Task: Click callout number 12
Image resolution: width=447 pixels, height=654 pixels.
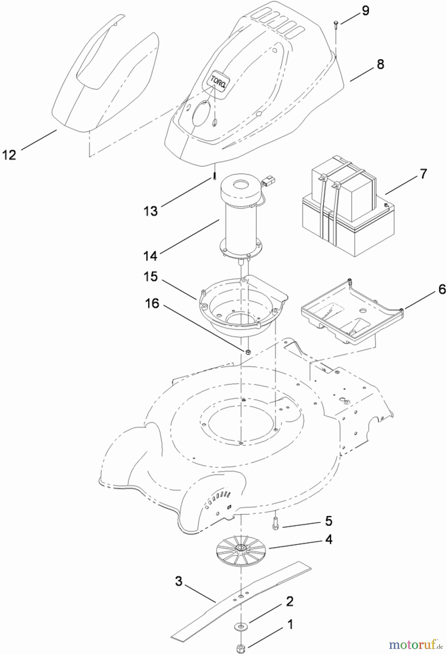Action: (9, 155)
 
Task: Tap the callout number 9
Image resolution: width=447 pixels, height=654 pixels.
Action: (365, 11)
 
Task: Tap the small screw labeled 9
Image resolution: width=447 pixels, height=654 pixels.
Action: (335, 24)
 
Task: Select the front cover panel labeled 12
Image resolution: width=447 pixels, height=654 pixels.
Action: (105, 80)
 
